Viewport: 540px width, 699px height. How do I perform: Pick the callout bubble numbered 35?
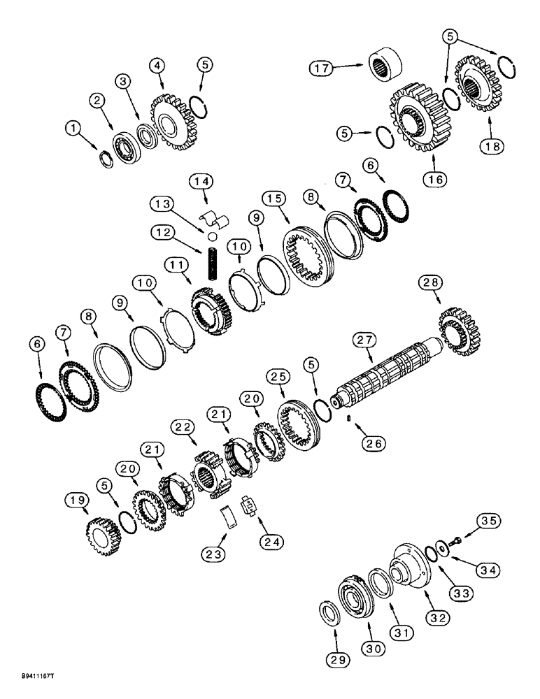(488, 520)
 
